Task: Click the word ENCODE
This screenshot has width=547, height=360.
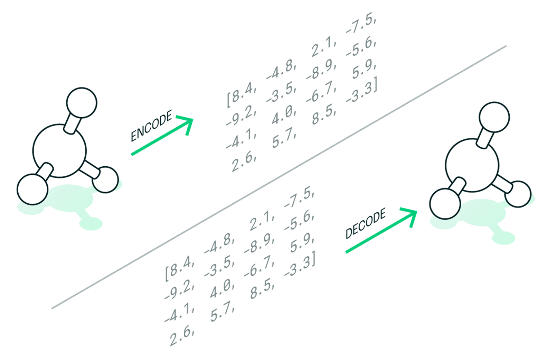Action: [x=151, y=126]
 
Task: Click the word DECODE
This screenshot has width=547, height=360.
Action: [x=366, y=223]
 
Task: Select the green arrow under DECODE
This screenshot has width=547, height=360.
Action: [x=380, y=232]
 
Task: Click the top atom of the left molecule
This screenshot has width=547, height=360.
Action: [x=82, y=103]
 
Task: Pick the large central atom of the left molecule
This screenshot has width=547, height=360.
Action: [x=59, y=150]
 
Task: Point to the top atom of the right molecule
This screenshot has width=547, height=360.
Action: [x=494, y=117]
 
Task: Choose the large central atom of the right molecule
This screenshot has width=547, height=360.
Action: [x=472, y=165]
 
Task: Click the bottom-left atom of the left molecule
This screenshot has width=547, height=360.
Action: [x=32, y=190]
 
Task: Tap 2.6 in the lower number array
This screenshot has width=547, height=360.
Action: [x=181, y=336]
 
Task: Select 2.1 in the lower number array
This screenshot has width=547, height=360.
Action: [x=262, y=221]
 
